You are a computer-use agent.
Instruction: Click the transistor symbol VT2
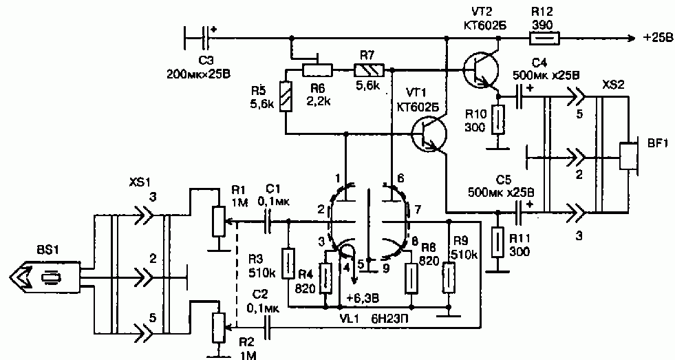(x=481, y=71)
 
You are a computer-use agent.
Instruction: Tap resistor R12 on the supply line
(x=544, y=39)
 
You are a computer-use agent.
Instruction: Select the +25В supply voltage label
(x=657, y=39)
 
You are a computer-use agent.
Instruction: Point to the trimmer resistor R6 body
(x=317, y=69)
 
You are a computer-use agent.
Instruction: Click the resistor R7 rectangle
(x=369, y=69)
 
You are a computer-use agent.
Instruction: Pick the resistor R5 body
(x=286, y=96)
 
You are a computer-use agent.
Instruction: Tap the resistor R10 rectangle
(x=498, y=119)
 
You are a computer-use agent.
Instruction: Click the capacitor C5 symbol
(x=522, y=212)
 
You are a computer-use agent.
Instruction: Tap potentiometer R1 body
(x=219, y=221)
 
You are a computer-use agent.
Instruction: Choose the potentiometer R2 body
(x=219, y=328)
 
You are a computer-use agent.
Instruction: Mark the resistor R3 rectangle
(x=288, y=263)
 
